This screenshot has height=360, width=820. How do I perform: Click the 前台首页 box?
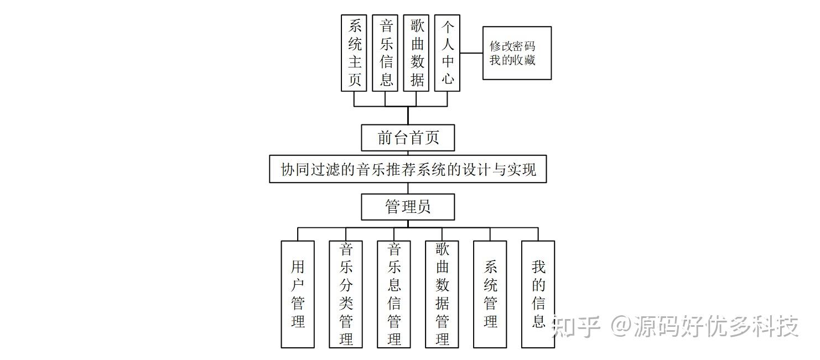coord(408,138)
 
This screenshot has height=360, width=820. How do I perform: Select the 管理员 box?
coord(408,207)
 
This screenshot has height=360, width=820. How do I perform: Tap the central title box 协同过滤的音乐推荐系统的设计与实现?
coord(408,169)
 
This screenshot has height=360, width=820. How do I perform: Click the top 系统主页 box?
coord(354,53)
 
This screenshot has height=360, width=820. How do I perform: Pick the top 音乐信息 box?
coord(385,53)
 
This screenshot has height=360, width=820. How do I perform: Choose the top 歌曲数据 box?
coord(416,53)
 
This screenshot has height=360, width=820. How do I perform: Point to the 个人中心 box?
coord(447,53)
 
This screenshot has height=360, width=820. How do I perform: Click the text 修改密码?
coord(512,46)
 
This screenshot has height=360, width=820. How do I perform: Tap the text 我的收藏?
coord(512,60)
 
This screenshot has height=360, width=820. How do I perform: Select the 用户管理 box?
coord(298,294)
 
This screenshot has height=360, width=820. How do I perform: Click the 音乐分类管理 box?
coord(346,294)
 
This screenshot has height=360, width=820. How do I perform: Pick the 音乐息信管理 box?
coord(394,294)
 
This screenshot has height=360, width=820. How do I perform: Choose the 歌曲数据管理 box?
coord(442,294)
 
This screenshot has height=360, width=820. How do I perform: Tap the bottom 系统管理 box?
coord(490,294)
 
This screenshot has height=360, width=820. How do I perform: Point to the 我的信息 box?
coord(538,294)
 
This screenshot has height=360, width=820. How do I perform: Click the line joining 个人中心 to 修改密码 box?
coord(471,53)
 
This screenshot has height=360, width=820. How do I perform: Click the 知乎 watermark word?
coord(576,327)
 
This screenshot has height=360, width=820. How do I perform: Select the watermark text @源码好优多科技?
coord(705,327)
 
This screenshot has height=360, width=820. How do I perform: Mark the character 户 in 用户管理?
coord(298,285)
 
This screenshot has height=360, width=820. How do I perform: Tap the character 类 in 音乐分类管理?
coord(346,303)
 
